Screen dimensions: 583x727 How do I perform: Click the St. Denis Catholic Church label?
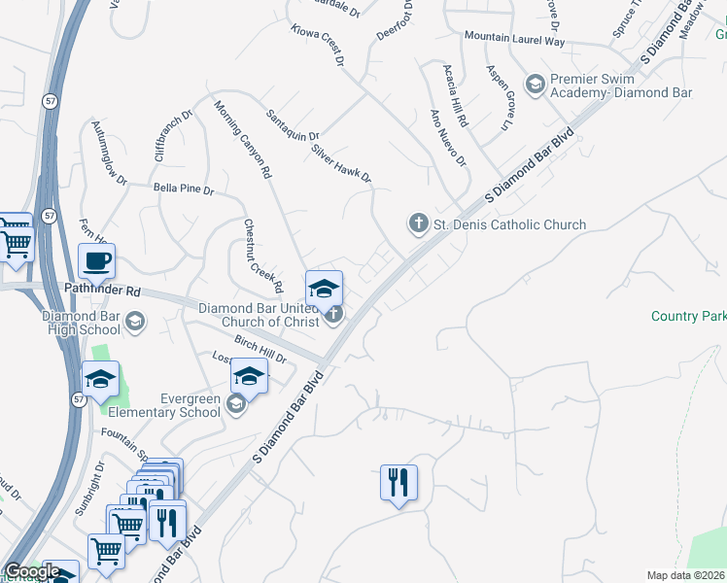tap(508, 224)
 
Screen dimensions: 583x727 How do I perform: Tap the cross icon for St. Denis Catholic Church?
tap(418, 224)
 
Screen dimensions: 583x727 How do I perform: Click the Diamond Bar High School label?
tap(81, 323)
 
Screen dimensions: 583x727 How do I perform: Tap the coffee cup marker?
tap(97, 260)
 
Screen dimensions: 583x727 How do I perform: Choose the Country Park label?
tap(688, 317)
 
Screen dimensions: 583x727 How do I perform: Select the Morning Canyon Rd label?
tap(242, 141)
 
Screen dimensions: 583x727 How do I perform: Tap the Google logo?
tap(32, 571)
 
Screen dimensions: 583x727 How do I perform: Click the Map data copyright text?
tap(685, 575)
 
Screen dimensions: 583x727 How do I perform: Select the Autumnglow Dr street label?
tap(109, 154)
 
